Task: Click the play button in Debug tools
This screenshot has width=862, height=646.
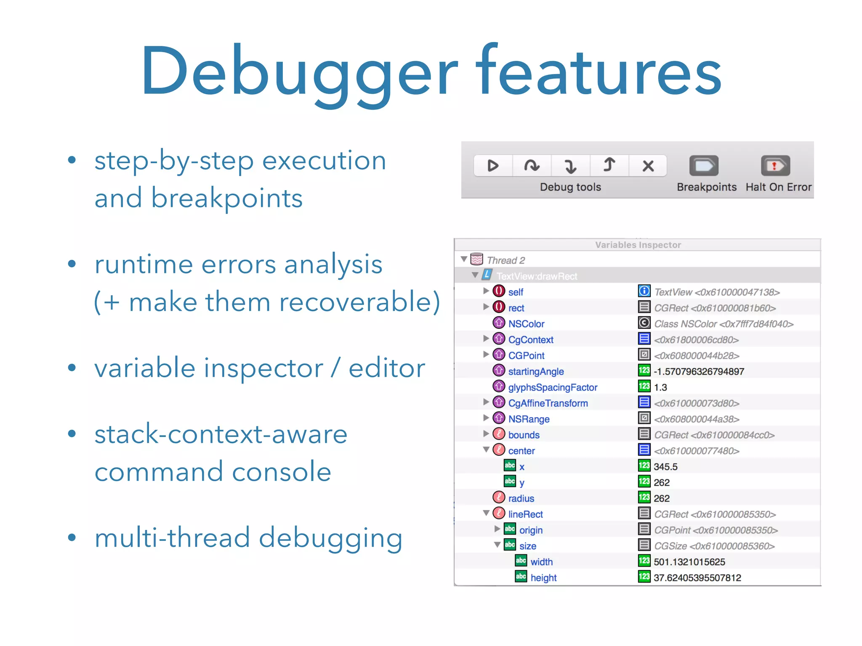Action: (x=493, y=166)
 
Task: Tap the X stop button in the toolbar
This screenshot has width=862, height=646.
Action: (x=648, y=166)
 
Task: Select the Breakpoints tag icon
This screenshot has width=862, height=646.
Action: (x=704, y=166)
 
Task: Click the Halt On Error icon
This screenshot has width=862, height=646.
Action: (x=775, y=166)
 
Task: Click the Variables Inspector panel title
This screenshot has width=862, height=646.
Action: (x=638, y=245)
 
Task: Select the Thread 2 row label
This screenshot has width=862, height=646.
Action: (x=505, y=260)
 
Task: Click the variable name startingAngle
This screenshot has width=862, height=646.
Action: (x=536, y=371)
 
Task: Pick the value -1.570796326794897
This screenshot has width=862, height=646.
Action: (x=699, y=371)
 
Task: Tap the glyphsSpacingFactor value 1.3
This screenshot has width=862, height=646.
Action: (x=660, y=387)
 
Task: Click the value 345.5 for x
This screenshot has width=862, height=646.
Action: (x=665, y=467)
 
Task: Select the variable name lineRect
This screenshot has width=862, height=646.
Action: (x=525, y=514)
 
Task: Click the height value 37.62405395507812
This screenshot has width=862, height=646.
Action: (x=697, y=578)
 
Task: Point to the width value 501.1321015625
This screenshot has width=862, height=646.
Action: (x=689, y=562)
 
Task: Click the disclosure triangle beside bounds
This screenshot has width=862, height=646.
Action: (x=486, y=434)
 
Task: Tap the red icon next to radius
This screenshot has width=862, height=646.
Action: (x=499, y=498)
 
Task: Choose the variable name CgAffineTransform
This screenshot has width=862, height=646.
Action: (x=548, y=403)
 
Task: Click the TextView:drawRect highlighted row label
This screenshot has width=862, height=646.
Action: (x=537, y=276)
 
